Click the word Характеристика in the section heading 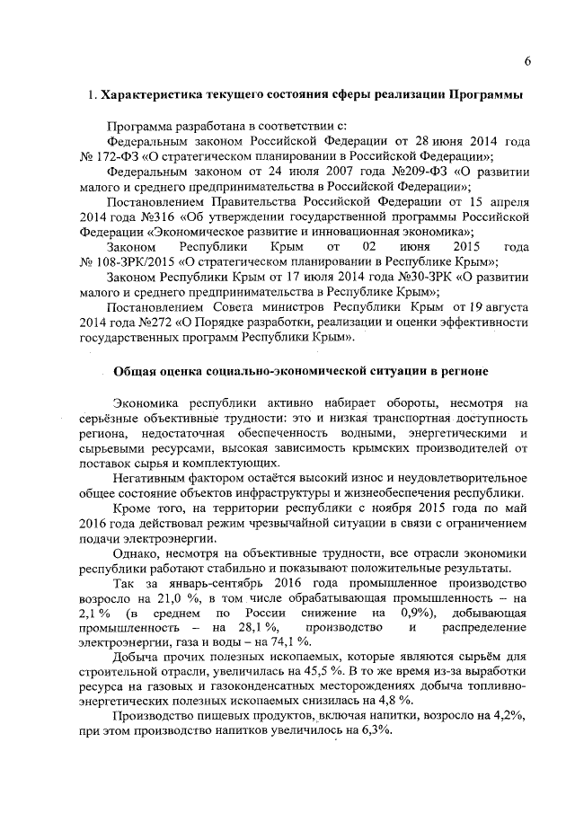tap(146, 96)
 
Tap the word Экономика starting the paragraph tap(147, 402)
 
